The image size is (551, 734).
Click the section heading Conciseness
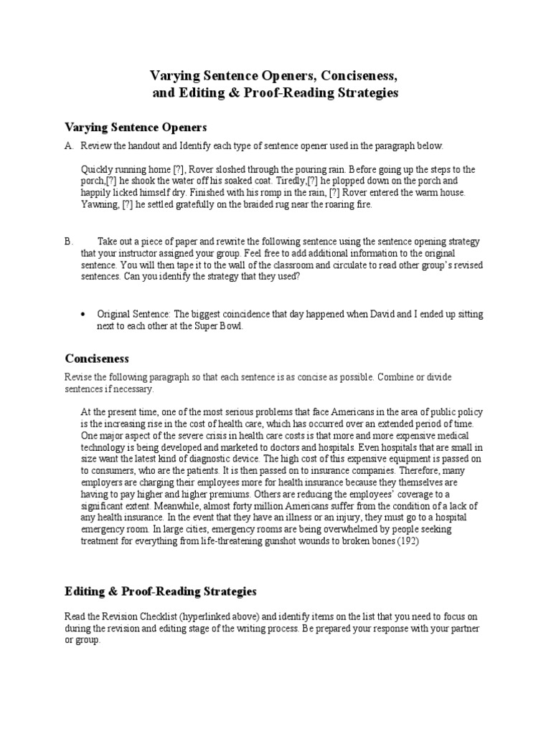(x=97, y=358)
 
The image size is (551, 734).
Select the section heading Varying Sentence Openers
(x=136, y=127)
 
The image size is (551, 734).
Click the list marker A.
(x=69, y=146)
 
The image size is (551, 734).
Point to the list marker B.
(x=69, y=242)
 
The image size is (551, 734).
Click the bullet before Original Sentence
(x=85, y=314)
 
